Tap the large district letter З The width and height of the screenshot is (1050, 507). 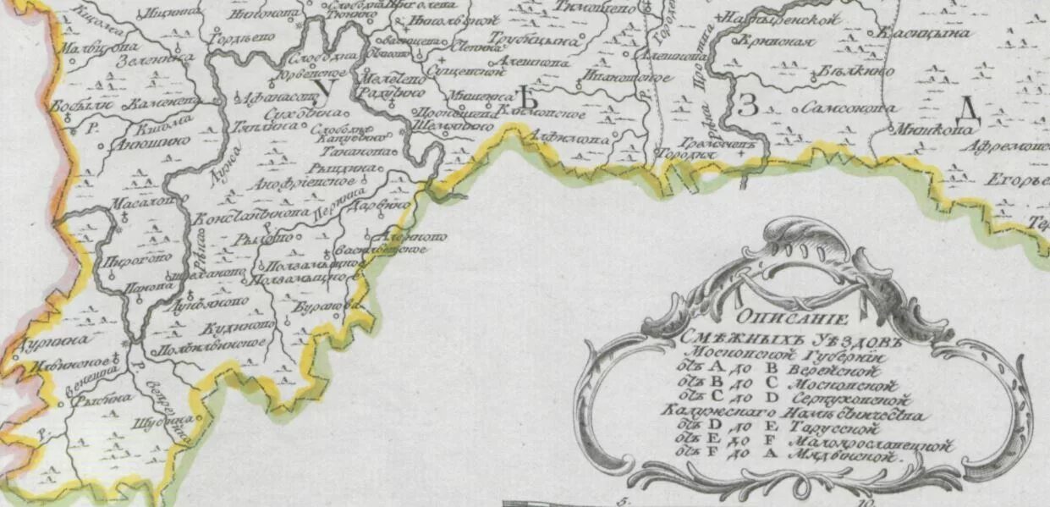[746, 106]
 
